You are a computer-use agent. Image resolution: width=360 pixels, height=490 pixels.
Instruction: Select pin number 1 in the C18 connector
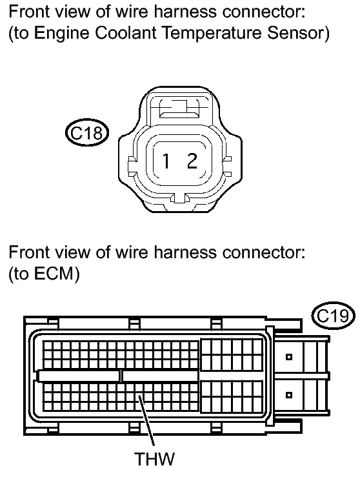pos(166,161)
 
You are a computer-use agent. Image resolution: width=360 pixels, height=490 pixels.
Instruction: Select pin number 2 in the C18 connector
pos(192,161)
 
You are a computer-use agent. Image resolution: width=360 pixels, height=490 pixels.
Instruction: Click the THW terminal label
pos(155,459)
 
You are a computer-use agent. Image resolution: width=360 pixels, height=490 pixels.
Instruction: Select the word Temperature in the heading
pos(212,34)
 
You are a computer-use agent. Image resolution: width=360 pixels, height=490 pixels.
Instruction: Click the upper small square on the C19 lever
pos(289,356)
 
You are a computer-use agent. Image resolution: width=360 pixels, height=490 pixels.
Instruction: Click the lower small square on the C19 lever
pos(289,395)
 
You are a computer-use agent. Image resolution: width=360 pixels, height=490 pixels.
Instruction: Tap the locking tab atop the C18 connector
pos(179,108)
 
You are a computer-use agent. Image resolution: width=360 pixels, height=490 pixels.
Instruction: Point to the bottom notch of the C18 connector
pos(179,198)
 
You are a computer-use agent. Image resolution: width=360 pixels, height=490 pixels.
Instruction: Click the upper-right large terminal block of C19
pos(232,354)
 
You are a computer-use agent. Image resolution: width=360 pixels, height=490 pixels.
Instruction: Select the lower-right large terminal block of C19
pos(232,396)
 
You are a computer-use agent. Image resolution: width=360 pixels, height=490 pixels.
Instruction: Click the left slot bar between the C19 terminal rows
pos(79,376)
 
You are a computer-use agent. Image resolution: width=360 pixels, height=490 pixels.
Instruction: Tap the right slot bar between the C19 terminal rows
pos(161,376)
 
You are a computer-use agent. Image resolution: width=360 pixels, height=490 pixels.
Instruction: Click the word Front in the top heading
pos(28,12)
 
